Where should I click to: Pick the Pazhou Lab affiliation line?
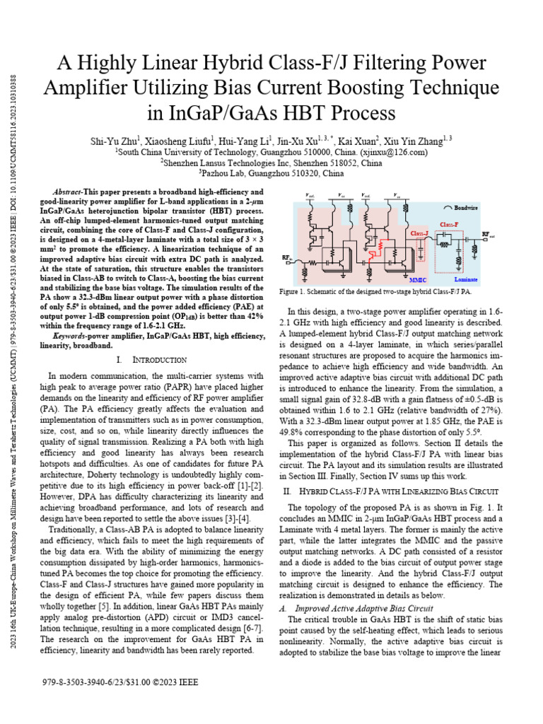click(x=271, y=173)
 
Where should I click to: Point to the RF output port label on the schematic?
click(x=489, y=233)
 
